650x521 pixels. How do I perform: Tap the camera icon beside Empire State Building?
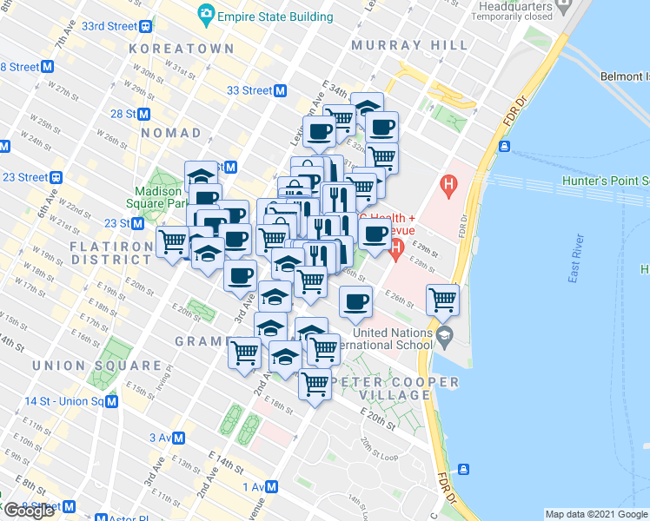[x=206, y=14]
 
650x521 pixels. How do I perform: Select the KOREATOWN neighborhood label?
[x=181, y=49]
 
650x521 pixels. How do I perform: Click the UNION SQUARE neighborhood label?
[x=96, y=366]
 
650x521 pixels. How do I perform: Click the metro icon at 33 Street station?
[x=281, y=90]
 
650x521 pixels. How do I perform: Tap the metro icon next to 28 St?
[x=144, y=114]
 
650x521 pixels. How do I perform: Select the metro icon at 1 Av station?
[x=272, y=487]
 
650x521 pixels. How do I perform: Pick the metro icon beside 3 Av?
[x=179, y=437]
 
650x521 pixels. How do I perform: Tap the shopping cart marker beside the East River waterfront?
[x=443, y=300]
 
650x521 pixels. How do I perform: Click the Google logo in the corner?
[x=29, y=511]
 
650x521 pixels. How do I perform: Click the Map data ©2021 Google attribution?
[x=596, y=514]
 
